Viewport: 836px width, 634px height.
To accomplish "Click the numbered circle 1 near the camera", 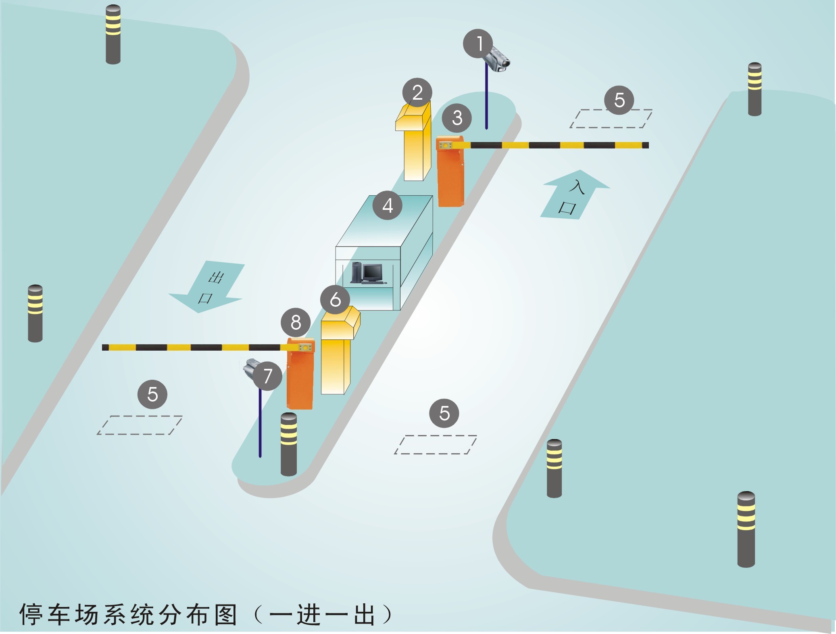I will tap(478, 44).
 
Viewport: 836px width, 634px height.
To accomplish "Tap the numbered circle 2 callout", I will tap(417, 92).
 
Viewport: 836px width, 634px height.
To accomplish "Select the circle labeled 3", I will tap(457, 118).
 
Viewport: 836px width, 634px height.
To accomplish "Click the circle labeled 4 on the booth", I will tap(387, 205).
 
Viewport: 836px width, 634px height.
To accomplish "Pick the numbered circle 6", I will tap(335, 299).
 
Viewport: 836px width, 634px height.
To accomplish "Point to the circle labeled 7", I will tap(267, 376).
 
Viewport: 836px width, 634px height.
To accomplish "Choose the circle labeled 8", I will tap(296, 322).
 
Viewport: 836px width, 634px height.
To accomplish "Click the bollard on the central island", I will tap(288, 444).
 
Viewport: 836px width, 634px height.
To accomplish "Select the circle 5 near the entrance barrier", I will tap(619, 100).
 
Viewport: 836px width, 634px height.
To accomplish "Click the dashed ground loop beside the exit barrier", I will tap(140, 425).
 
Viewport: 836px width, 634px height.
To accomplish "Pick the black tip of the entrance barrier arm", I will tap(645, 145).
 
